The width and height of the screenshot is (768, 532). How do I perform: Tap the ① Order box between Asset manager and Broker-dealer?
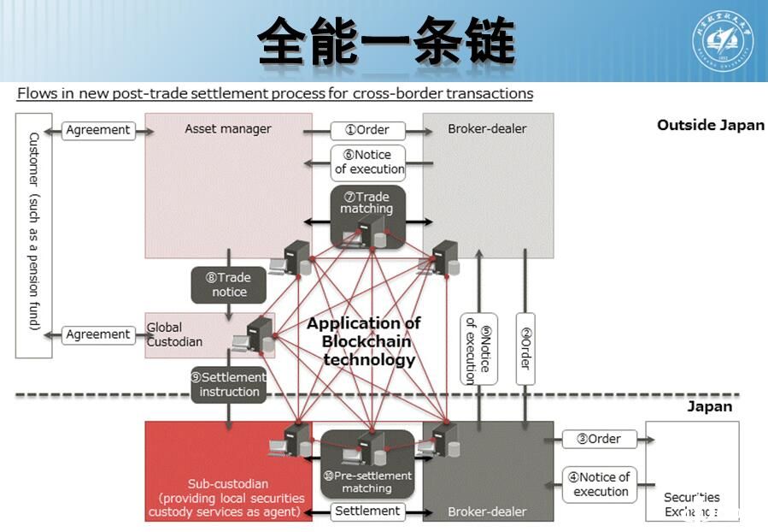366,130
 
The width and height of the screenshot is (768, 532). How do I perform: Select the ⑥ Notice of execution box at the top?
368,162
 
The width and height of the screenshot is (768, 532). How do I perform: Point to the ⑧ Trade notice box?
228,285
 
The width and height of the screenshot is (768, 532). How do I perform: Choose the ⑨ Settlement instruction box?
229,385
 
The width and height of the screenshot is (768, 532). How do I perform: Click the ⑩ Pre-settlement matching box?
367,482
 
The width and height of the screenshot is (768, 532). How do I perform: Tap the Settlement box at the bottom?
367,511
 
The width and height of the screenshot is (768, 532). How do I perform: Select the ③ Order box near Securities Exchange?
599,439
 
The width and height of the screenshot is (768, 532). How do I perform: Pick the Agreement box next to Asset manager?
98,130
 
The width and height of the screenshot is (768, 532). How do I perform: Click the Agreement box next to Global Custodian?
98,335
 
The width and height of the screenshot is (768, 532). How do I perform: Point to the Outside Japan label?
710,125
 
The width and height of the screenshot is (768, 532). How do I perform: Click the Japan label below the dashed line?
709,406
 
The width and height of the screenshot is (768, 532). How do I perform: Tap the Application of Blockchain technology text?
364,341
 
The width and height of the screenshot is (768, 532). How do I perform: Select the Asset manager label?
228,129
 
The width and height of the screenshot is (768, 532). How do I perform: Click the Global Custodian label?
175,334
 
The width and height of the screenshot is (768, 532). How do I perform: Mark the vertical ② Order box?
525,347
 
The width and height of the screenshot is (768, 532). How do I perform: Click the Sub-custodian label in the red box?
229,484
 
